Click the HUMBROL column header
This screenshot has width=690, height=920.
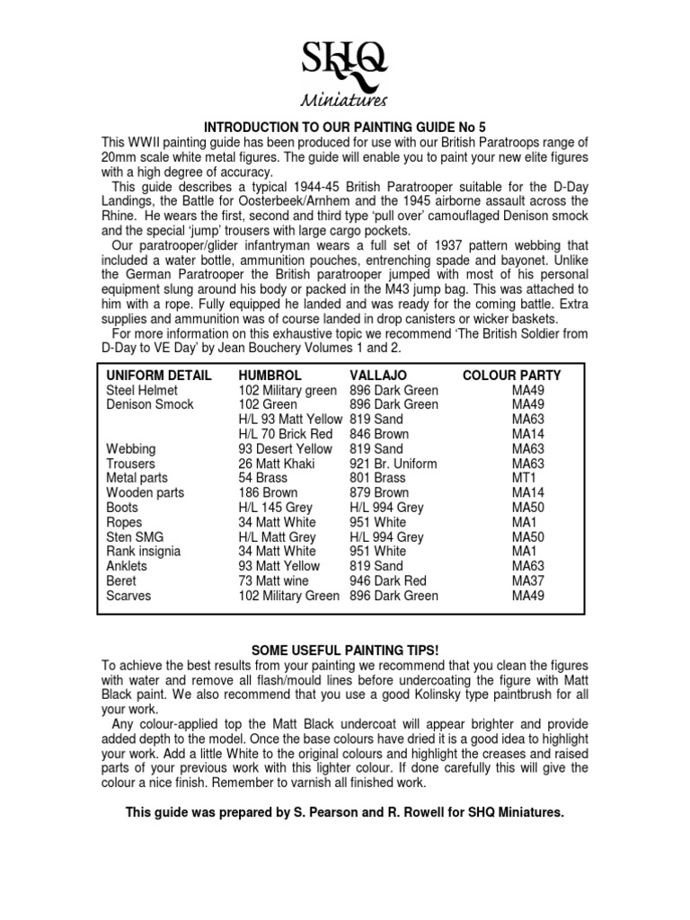pos(270,376)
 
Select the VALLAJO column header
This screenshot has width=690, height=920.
pos(377,376)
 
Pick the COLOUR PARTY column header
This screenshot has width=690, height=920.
pos(511,376)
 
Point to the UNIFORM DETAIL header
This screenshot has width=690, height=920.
pos(159,376)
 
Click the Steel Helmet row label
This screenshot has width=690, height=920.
pos(142,390)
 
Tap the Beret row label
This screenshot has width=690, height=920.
pos(121,581)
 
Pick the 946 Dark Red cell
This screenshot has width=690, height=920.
pos(387,581)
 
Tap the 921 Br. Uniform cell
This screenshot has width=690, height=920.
pos(393,464)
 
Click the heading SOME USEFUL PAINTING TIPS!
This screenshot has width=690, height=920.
pos(344,650)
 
